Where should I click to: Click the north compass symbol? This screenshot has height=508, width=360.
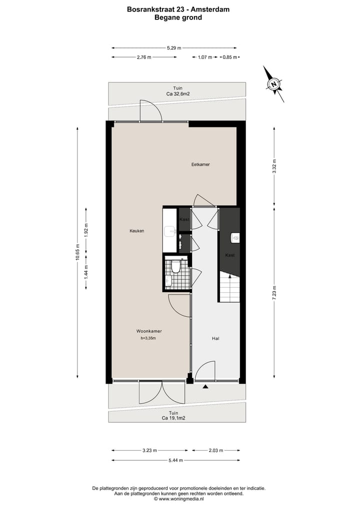[273, 84]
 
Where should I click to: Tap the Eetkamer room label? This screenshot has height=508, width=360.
[200, 164]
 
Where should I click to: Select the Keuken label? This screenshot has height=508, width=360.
[137, 231]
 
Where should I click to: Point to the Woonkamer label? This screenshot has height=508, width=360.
[149, 331]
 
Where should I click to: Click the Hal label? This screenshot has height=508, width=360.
[215, 338]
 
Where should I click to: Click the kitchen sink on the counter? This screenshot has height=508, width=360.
[170, 231]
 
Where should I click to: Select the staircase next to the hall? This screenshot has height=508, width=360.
[229, 288]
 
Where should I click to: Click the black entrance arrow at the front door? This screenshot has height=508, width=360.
[204, 386]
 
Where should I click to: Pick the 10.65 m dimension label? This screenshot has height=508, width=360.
[77, 252]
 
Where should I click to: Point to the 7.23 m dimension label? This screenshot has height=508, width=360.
[274, 292]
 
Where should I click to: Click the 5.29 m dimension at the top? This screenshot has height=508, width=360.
[174, 48]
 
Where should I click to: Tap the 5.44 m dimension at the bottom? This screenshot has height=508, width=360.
[175, 460]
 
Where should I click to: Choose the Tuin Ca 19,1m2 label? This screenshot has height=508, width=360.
[173, 416]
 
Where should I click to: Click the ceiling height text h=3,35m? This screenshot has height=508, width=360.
[149, 338]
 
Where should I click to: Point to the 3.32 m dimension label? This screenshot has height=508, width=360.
[274, 166]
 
